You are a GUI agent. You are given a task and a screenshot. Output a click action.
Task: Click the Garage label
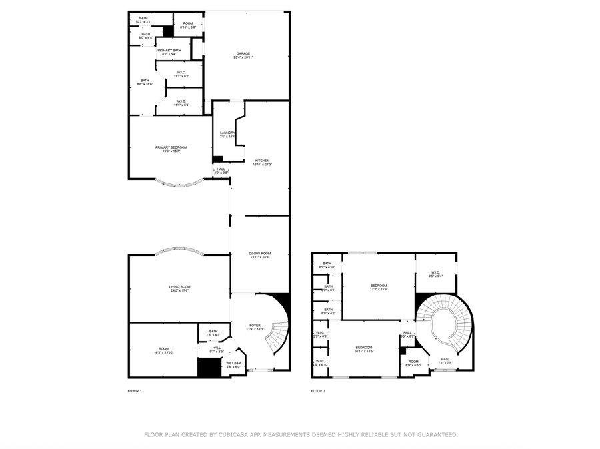pyautogui.click(x=243, y=55)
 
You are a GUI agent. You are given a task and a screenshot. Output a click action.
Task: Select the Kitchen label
pyautogui.click(x=262, y=162)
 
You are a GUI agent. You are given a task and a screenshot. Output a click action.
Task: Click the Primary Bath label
pyautogui.click(x=169, y=51)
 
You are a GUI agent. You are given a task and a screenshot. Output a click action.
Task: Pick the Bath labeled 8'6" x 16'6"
pyautogui.click(x=145, y=82)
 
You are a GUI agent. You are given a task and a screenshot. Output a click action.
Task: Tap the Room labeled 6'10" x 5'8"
pyautogui.click(x=187, y=25)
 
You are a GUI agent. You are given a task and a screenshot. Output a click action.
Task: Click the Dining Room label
pyautogui.click(x=260, y=255)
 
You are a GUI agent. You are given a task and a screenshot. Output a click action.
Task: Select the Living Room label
pyautogui.click(x=179, y=288)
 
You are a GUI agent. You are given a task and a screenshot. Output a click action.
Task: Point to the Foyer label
pyautogui.click(x=255, y=327)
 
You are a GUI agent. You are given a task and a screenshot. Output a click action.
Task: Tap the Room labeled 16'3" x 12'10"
pyautogui.click(x=164, y=350)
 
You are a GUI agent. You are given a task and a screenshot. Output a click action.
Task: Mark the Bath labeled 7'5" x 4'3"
pyautogui.click(x=213, y=333)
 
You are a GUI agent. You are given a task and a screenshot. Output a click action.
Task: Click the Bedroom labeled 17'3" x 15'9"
pyautogui.click(x=379, y=287)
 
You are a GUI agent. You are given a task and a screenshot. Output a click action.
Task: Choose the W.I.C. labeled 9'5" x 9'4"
pyautogui.click(x=436, y=273)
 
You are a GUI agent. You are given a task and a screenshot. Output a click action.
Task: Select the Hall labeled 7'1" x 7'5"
pyautogui.click(x=445, y=361)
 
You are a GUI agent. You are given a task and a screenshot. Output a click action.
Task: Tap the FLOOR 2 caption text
pyautogui.click(x=318, y=391)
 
